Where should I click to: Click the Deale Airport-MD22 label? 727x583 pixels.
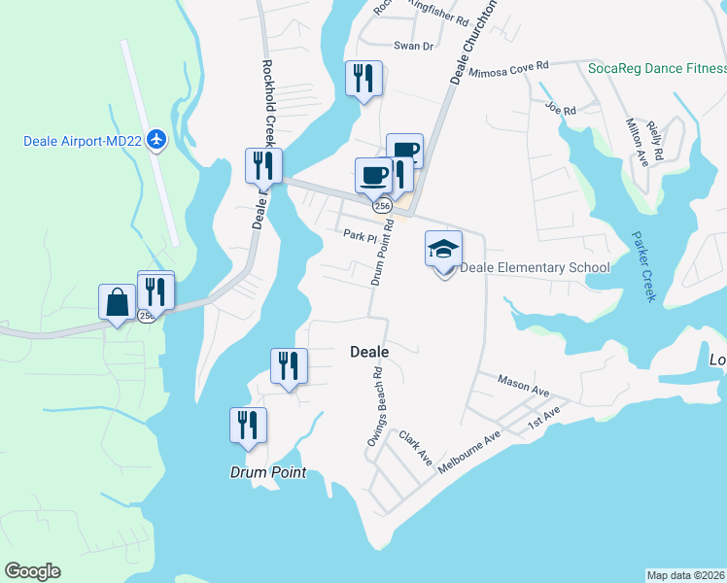point(82,142)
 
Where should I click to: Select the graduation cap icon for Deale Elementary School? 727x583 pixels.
point(443,250)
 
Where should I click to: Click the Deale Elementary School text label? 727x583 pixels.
point(535,268)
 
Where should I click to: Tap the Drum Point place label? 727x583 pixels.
point(267,473)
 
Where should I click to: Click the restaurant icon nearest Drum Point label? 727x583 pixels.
point(248,425)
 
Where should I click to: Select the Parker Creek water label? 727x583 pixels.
point(643,266)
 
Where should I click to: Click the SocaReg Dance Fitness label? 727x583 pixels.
point(657,68)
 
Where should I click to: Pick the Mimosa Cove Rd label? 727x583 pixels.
point(508,69)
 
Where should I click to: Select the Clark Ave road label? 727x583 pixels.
point(415,449)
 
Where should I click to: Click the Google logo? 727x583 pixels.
point(32,571)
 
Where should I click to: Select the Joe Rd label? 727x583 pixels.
point(561,109)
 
